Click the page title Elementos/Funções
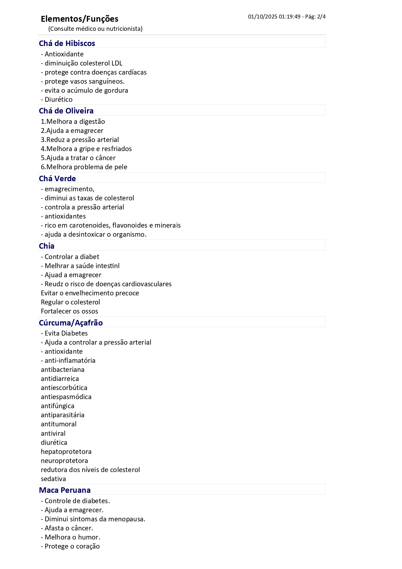point(79,19)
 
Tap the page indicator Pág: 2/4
point(315,17)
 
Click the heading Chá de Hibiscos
point(67,43)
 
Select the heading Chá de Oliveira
point(66,111)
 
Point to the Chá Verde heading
point(57,179)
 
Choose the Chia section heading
point(47,246)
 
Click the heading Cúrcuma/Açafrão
point(71,323)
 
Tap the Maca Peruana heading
point(65,490)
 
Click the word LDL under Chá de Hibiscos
point(117,63)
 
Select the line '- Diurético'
point(57,100)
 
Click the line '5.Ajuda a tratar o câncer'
point(78,158)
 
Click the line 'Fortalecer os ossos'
point(69,311)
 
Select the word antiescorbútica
point(64,388)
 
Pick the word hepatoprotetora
point(66,452)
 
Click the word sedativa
point(53,479)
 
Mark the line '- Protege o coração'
point(70,546)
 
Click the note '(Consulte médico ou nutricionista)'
point(95,29)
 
